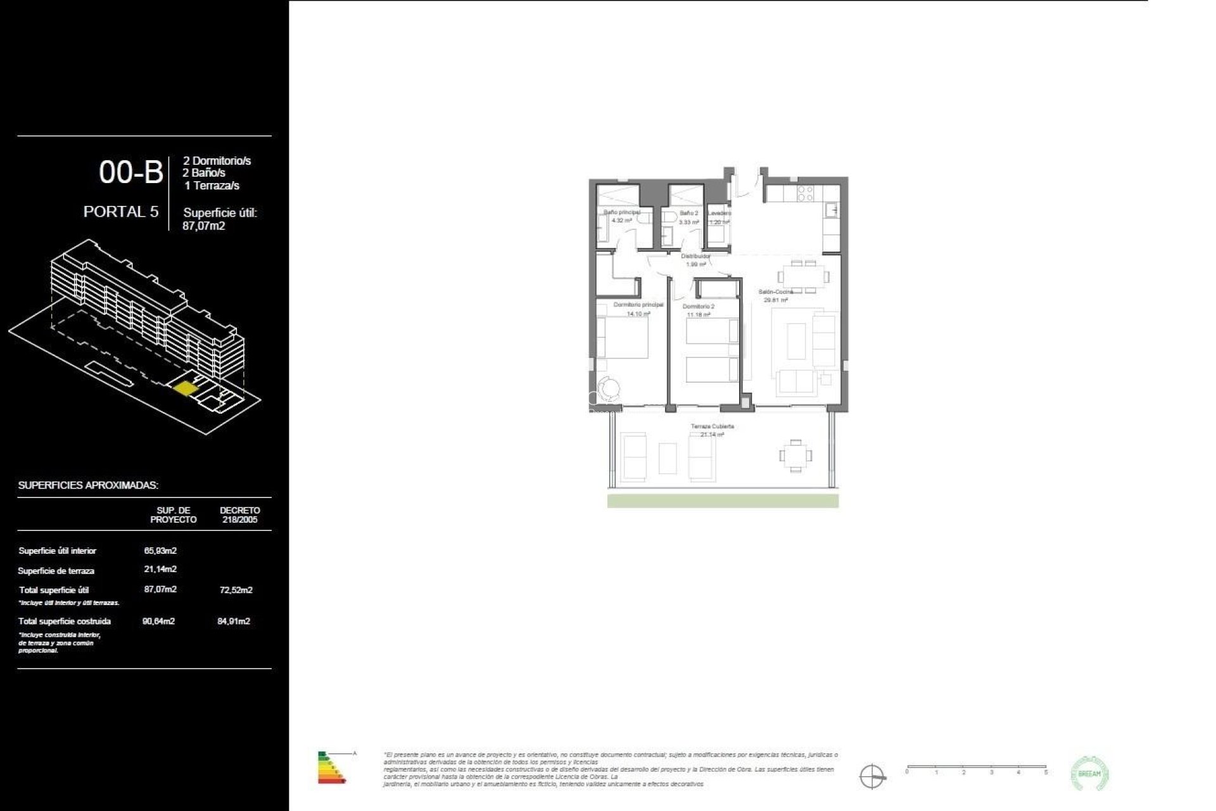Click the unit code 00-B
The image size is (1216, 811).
[131, 172]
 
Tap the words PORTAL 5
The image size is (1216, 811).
[121, 212]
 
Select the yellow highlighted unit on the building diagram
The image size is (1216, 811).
[185, 388]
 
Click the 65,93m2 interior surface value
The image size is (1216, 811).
[160, 551]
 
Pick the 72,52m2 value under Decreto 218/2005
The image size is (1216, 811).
[236, 590]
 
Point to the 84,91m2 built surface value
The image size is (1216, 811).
[234, 621]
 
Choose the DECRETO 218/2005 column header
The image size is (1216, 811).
[239, 514]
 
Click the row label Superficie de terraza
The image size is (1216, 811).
[56, 571]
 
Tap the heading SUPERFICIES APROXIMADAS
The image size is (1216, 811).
[88, 485]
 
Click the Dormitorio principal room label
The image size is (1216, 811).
[638, 305]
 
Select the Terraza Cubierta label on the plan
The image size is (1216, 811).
[712, 426]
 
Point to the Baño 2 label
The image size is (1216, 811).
[688, 214]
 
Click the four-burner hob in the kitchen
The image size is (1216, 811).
[805, 193]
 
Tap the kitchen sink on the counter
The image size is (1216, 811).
[832, 210]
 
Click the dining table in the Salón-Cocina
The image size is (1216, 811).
[804, 276]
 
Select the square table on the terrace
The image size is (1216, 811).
[795, 456]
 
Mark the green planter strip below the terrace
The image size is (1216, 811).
[723, 501]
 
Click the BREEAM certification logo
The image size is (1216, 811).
[1089, 773]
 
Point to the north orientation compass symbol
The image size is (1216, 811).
[871, 776]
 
